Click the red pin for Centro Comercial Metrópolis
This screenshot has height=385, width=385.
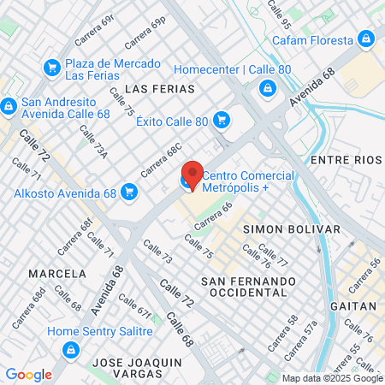point(193,175)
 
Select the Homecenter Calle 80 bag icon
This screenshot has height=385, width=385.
point(268,86)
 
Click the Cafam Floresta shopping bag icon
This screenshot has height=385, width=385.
point(366,40)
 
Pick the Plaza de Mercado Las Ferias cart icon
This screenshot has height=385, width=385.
point(51,66)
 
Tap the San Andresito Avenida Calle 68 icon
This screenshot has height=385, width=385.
point(9,106)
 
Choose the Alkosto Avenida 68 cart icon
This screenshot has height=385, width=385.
point(129,192)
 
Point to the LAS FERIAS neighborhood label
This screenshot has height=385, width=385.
point(160,88)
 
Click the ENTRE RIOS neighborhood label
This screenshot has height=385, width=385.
point(345,160)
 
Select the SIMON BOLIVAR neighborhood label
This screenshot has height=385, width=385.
point(292,229)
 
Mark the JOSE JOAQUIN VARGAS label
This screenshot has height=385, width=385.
point(139,368)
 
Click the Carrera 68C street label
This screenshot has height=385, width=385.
point(161,160)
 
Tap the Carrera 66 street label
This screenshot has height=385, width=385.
point(213,216)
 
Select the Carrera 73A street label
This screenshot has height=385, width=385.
point(94,142)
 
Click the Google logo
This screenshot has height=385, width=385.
point(28,374)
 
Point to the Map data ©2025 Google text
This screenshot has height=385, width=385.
point(333,378)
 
